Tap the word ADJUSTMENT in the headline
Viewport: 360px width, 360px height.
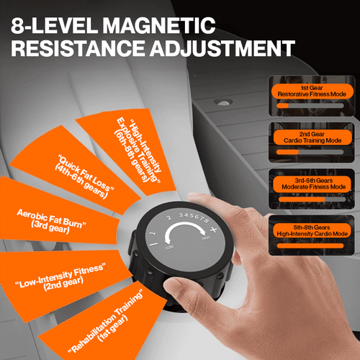(222, 48)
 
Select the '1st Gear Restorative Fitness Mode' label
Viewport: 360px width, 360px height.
(312, 91)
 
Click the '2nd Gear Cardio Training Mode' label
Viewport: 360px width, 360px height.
(312, 138)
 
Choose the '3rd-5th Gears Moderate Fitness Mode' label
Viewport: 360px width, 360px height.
(314, 184)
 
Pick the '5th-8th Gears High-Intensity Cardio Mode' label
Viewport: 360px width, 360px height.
(312, 230)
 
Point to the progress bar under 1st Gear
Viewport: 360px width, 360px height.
(310, 106)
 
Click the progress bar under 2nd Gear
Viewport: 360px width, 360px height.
(310, 152)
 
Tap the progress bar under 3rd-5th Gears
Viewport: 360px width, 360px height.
(312, 199)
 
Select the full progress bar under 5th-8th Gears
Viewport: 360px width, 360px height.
(310, 246)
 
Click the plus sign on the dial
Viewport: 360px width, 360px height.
(213, 230)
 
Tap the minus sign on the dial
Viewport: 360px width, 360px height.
(153, 245)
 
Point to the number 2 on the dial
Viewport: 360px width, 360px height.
(169, 217)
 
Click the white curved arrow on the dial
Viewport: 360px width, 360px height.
(185, 224)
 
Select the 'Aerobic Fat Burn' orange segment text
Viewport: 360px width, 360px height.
(51, 221)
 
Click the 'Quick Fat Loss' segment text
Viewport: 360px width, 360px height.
(84, 176)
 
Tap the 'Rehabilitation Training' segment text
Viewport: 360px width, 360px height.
(106, 322)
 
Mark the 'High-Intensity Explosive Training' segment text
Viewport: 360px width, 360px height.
(139, 150)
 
